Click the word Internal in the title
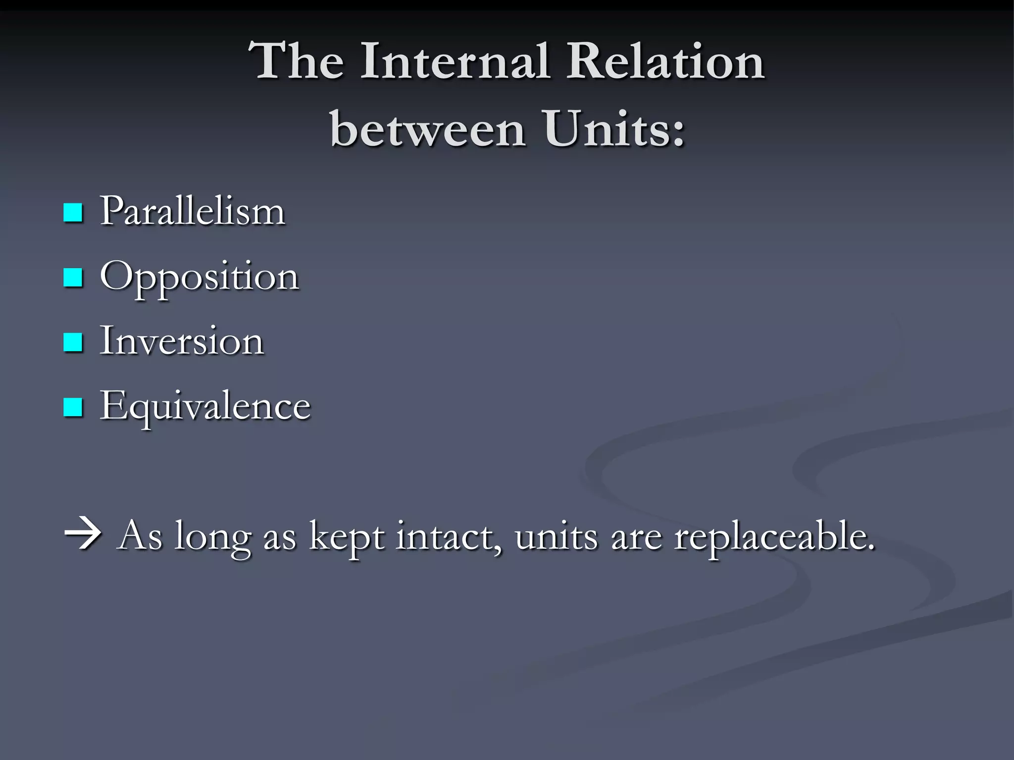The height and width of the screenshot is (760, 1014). (455, 61)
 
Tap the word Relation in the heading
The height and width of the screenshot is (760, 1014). (666, 61)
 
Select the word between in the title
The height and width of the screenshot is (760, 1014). (428, 130)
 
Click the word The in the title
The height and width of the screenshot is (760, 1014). (297, 61)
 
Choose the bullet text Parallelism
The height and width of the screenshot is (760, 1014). (193, 211)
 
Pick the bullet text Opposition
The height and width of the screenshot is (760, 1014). (200, 277)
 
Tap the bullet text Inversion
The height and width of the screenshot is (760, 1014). (182, 341)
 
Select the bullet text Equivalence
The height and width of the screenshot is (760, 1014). (205, 407)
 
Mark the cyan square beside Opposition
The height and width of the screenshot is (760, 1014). (73, 278)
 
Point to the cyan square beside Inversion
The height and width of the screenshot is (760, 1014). (73, 342)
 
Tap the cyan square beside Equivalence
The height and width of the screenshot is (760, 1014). (73, 408)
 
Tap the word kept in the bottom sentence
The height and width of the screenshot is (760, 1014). (346, 537)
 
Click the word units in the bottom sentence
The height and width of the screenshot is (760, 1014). (557, 536)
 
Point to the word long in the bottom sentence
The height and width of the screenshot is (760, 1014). (213, 537)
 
